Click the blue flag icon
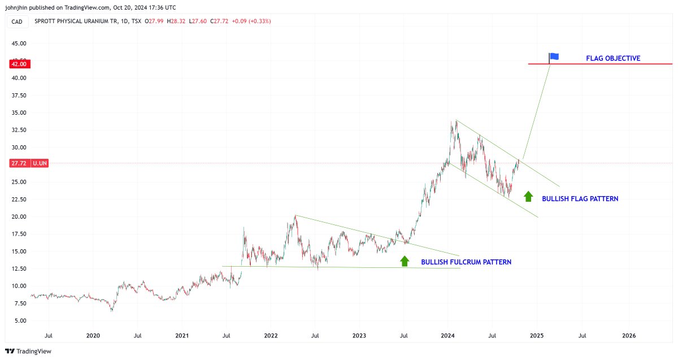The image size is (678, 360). click(x=554, y=57)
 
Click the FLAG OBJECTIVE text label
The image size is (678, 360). click(x=613, y=58)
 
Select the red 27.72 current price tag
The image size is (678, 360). click(x=19, y=163)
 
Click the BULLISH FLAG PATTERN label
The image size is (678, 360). click(x=580, y=199)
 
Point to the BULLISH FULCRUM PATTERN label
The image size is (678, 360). click(x=466, y=262)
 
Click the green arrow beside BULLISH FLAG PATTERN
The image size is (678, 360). click(x=528, y=196)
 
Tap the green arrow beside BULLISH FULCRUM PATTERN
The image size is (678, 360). click(x=405, y=261)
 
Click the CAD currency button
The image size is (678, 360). click(x=17, y=21)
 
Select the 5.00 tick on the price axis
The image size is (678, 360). click(x=20, y=321)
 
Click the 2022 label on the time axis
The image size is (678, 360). click(x=271, y=336)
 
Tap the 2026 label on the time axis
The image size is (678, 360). click(x=628, y=336)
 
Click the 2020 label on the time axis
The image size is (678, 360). click(x=93, y=336)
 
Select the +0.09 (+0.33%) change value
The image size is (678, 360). click(x=251, y=21)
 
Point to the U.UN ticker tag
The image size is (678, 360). click(x=40, y=163)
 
